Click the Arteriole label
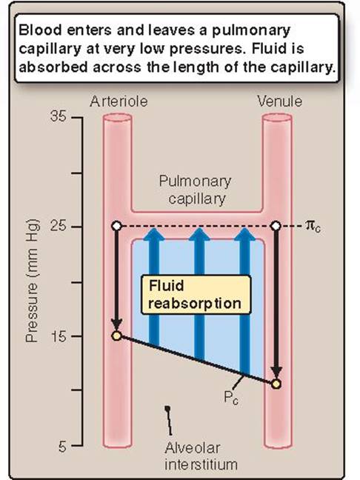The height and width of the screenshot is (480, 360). tap(119, 101)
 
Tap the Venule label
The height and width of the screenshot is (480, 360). tap(280, 101)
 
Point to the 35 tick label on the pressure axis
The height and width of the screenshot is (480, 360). tap(59, 116)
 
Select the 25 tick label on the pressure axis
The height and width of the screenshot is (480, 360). tap(59, 227)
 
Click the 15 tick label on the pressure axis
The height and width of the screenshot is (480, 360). tap(59, 336)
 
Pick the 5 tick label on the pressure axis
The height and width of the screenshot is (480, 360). tap(62, 447)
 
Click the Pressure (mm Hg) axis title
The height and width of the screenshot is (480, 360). tap(32, 281)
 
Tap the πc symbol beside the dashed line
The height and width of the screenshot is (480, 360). tap(313, 227)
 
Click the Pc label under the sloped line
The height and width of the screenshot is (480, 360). tap(231, 398)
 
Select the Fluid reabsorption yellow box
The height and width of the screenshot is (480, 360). tap(196, 295)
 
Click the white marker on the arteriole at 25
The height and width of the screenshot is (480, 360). tap(116, 226)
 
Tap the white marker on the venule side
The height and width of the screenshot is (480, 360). tap(276, 226)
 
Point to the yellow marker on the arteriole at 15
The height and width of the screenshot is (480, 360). tap(116, 336)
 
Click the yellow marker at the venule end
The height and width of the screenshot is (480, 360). tap(276, 384)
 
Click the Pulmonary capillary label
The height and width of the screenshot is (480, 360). tap(196, 190)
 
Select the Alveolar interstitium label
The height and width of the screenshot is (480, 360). tap(201, 456)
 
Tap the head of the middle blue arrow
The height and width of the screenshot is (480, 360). tap(199, 234)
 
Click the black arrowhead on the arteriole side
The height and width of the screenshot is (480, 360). tap(116, 325)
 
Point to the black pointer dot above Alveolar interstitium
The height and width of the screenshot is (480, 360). tap(167, 408)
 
